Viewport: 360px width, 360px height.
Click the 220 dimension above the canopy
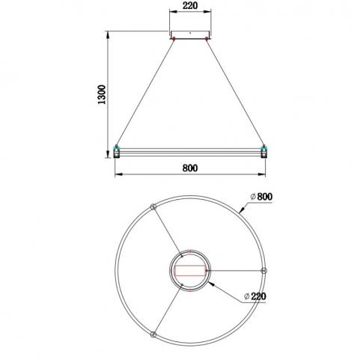coord(190,5)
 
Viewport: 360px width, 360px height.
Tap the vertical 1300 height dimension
coord(102,94)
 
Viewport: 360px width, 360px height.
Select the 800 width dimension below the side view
coord(190,168)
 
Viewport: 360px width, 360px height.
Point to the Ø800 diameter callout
coord(261,197)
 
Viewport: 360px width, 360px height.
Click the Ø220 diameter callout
coord(255,296)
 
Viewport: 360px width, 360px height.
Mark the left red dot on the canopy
coord(174,38)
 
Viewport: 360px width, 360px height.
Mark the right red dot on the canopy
coord(207,38)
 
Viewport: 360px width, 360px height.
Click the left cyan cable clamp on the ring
coord(116,147)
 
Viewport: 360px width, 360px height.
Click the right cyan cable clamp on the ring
coord(263,147)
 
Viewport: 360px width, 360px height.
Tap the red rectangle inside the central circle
coord(190,271)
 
